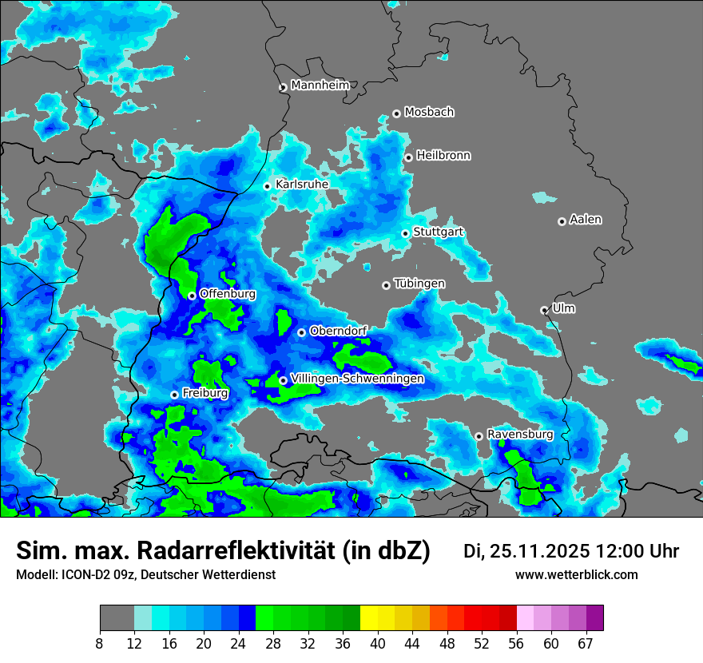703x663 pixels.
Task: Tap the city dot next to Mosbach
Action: [x=396, y=113]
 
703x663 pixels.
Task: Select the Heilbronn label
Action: [x=443, y=156]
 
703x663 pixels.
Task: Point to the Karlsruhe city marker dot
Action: [x=268, y=186]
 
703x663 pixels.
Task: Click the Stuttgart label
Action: [x=439, y=232]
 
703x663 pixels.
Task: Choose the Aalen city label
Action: [x=586, y=220]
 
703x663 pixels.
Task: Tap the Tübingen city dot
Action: [x=387, y=285]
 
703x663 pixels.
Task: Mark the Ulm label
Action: [x=564, y=308]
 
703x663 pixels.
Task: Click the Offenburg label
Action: [x=228, y=294]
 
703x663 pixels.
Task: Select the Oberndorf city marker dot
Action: [x=301, y=332]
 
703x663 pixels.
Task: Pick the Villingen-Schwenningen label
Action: [x=357, y=379]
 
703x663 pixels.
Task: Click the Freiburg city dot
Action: [x=174, y=395]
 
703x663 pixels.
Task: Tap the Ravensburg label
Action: [x=520, y=435]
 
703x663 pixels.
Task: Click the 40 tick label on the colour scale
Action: [x=377, y=644]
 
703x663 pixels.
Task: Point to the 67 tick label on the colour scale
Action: [x=585, y=644]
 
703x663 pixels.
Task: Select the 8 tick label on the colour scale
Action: [x=100, y=644]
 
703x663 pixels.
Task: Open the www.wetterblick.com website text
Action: [x=577, y=575]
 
